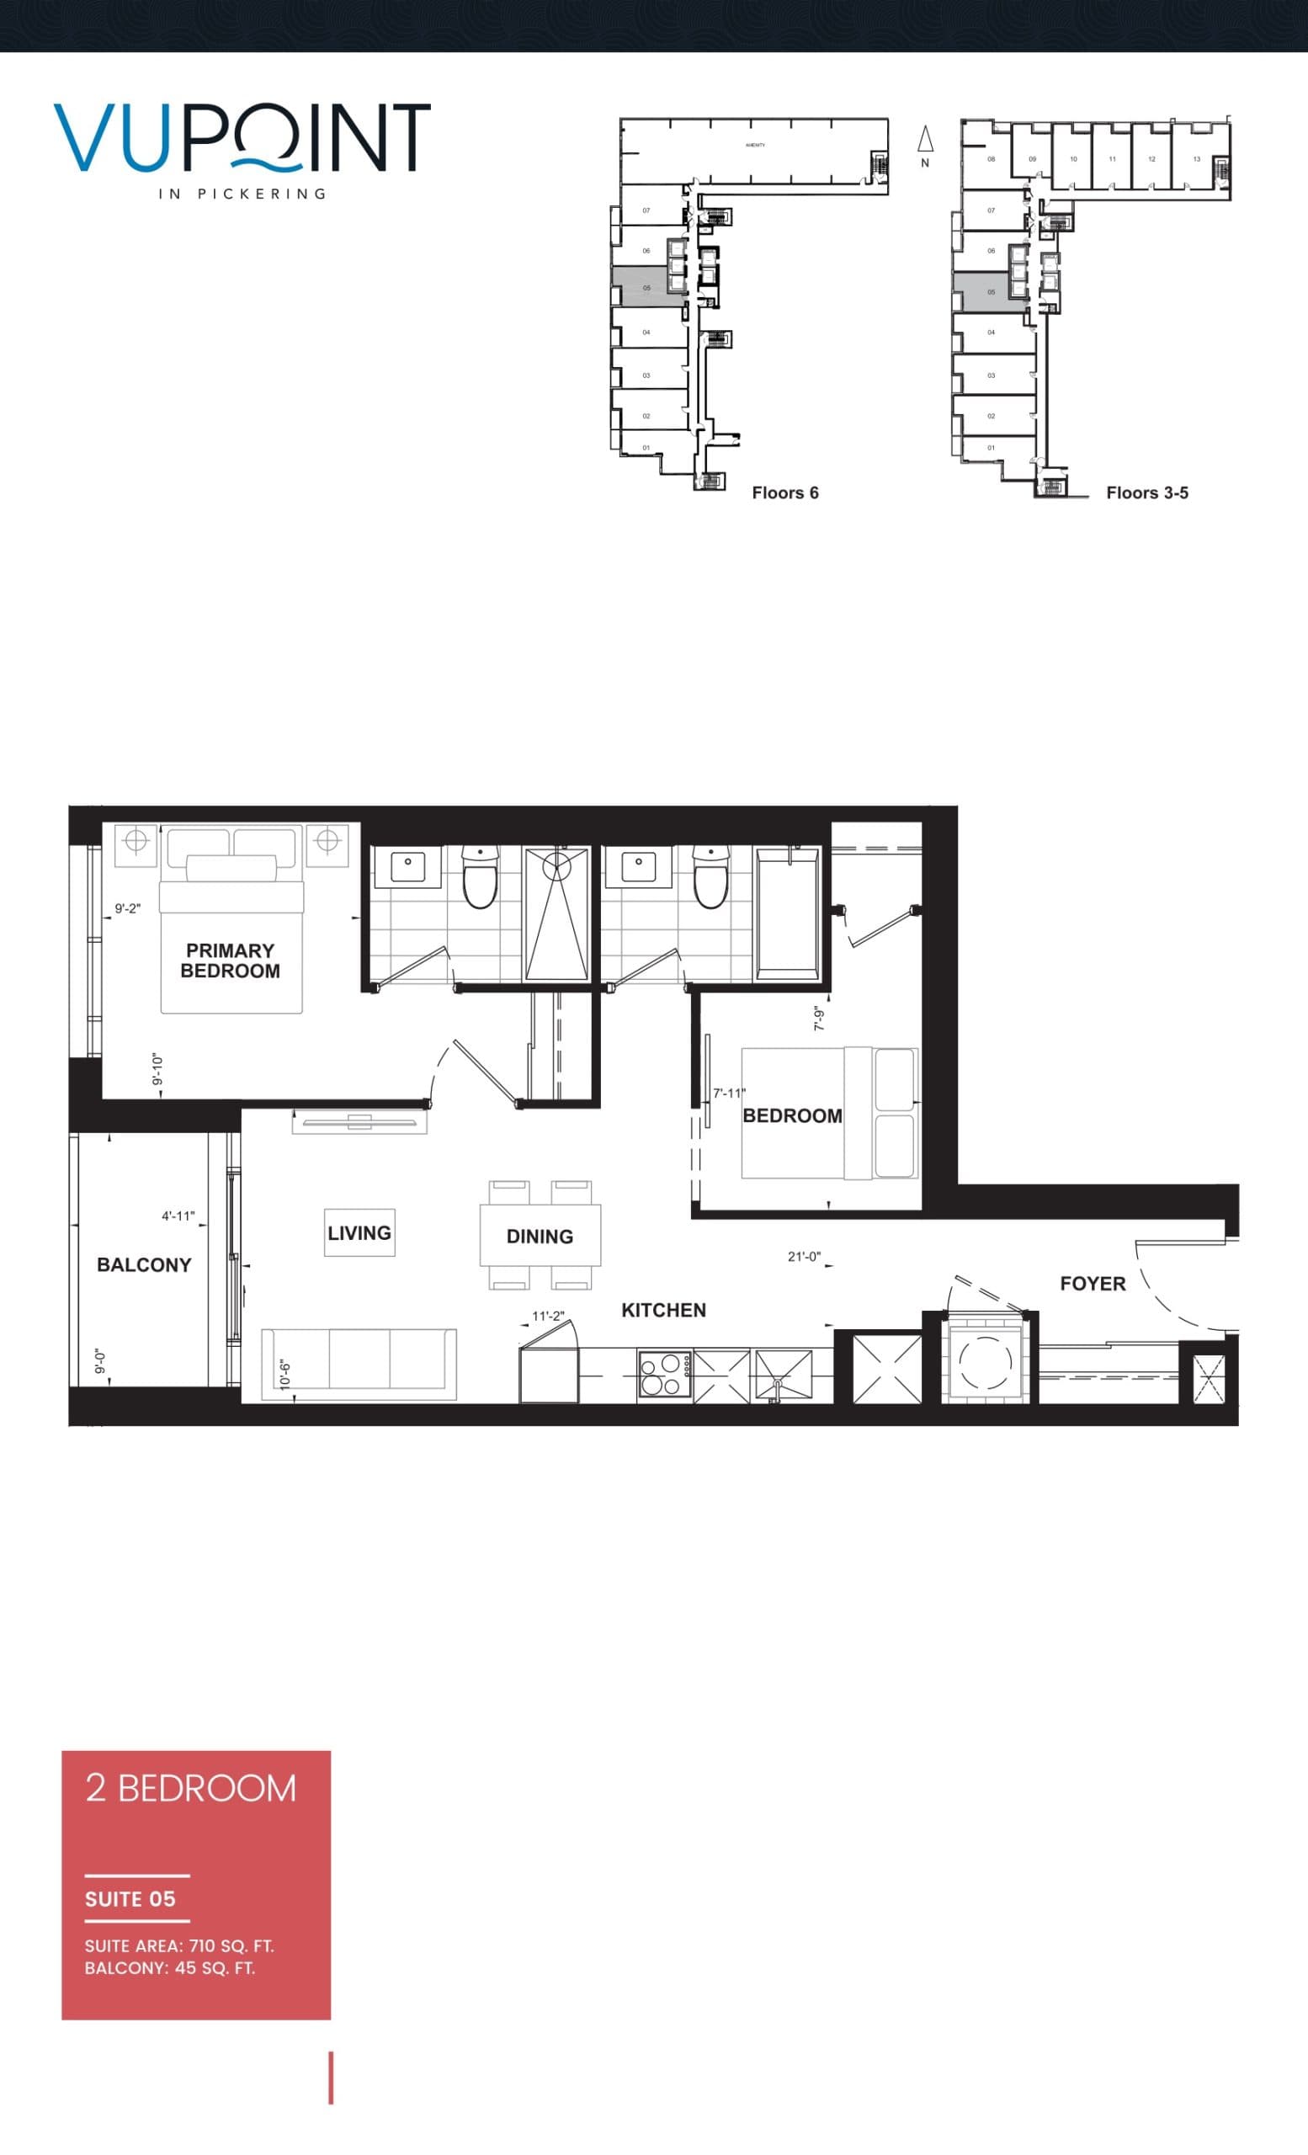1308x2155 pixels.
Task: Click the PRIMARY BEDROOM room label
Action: tap(230, 960)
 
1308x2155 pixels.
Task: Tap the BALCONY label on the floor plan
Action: tap(143, 1264)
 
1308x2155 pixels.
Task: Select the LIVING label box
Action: tap(359, 1232)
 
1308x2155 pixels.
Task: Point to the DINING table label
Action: tap(540, 1236)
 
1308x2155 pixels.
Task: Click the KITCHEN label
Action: tap(663, 1309)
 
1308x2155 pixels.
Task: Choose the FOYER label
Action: tap(1092, 1283)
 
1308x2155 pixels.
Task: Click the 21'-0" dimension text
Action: tap(804, 1257)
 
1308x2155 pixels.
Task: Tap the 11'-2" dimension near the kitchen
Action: tap(548, 1316)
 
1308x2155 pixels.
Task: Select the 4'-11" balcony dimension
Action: tap(178, 1216)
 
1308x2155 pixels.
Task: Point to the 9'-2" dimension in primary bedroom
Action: tap(128, 908)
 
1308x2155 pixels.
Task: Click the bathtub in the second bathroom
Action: tap(788, 913)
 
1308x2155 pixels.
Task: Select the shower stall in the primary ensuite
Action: tap(556, 914)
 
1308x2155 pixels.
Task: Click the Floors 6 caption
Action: tap(785, 492)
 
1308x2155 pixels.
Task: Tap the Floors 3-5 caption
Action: tap(1146, 492)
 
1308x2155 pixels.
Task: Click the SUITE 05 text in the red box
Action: tap(130, 1899)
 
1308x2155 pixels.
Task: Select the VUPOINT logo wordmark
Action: tap(242, 137)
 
